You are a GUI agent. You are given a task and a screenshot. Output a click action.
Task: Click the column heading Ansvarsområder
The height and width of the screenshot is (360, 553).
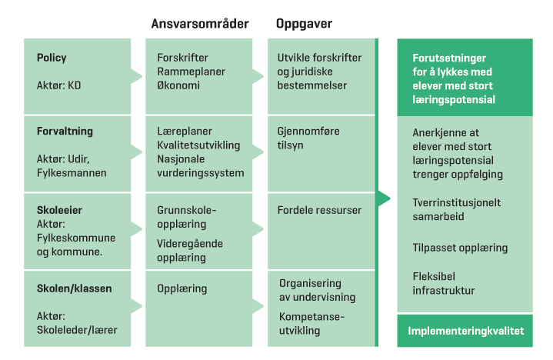(200, 24)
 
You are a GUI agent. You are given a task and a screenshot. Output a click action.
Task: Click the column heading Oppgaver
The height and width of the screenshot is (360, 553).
(304, 24)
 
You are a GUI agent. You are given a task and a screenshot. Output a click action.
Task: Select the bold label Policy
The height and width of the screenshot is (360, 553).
(52, 58)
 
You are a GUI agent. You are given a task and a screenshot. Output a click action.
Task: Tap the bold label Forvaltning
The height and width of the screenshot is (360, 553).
(65, 131)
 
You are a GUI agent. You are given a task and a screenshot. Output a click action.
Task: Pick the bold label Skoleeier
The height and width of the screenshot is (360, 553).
(59, 209)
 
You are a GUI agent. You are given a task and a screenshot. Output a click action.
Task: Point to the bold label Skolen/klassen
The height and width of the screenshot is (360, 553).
(74, 288)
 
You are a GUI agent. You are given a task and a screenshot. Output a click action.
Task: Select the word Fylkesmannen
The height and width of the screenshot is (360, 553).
(71, 173)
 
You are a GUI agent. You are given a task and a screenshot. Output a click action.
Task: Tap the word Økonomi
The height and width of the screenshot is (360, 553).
(178, 85)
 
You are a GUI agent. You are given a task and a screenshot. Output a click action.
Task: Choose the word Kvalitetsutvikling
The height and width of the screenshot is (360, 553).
(198, 145)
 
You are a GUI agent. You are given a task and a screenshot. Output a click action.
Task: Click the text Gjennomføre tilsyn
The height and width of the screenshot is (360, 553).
(308, 138)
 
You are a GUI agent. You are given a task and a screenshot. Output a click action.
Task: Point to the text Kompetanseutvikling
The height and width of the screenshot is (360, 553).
(312, 324)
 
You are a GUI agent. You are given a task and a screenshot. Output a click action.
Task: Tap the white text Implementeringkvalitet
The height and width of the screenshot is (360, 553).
(465, 332)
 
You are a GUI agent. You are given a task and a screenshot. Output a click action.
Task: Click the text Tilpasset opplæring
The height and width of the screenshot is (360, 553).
(460, 248)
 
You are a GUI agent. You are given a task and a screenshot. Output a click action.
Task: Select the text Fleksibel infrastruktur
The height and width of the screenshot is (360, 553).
(444, 283)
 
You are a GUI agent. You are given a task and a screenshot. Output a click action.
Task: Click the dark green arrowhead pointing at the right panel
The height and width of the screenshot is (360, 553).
(385, 198)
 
